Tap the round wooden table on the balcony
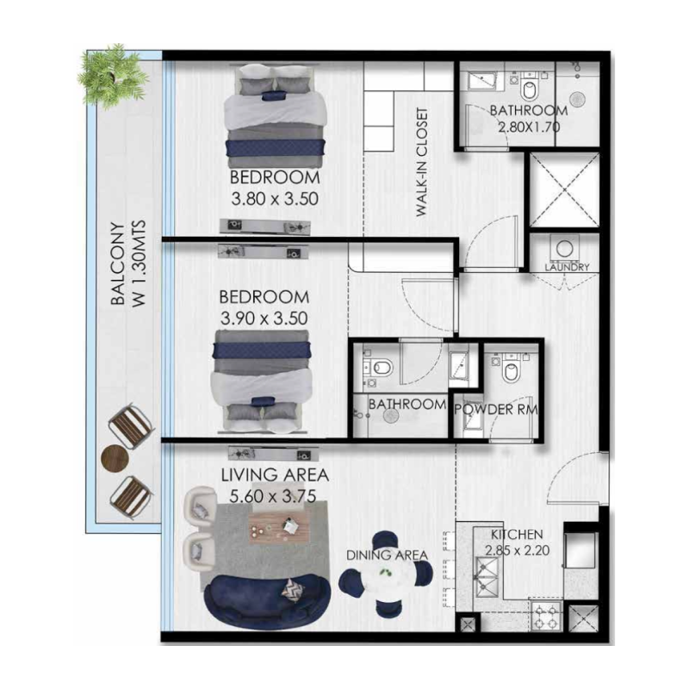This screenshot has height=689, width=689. point(114,457)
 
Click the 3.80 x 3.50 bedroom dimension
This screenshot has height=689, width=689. point(276,196)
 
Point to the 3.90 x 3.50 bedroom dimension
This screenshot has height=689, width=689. point(264,317)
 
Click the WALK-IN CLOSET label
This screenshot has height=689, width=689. point(422,163)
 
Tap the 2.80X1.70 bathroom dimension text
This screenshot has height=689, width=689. point(528,127)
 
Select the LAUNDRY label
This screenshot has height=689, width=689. point(568,267)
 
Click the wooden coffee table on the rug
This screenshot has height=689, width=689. point(276,525)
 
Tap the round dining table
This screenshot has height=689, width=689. point(385,586)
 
